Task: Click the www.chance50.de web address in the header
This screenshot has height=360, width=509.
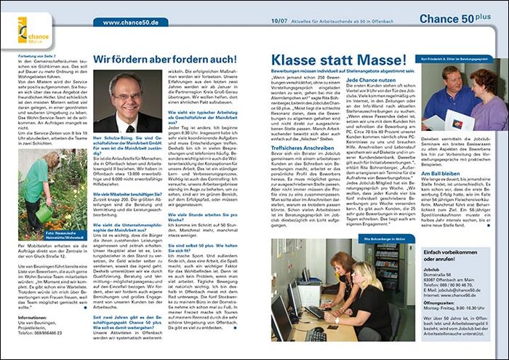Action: point(131,23)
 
